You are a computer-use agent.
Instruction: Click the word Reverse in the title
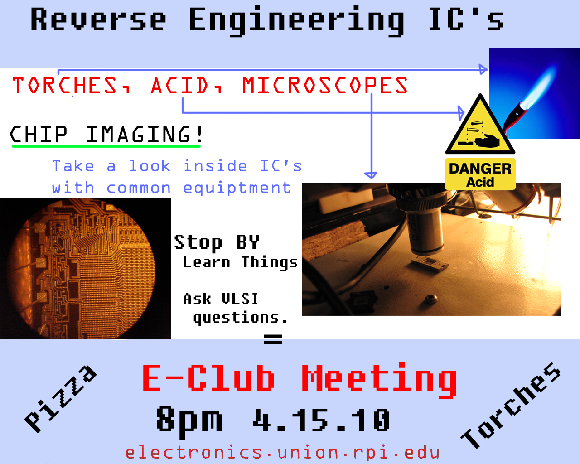pyautogui.click(x=98, y=19)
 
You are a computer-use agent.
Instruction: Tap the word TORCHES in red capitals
pyautogui.click(x=65, y=85)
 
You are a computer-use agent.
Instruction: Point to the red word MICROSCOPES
pyautogui.click(x=325, y=85)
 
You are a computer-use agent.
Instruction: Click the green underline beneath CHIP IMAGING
pyautogui.click(x=106, y=146)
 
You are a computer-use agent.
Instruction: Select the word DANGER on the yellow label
pyautogui.click(x=480, y=169)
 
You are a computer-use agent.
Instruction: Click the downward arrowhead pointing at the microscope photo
pyautogui.click(x=371, y=175)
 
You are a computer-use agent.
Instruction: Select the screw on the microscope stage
pyautogui.click(x=430, y=299)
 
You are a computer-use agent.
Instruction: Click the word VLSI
pyautogui.click(x=240, y=299)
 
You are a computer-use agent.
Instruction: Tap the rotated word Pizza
pyautogui.click(x=60, y=399)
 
